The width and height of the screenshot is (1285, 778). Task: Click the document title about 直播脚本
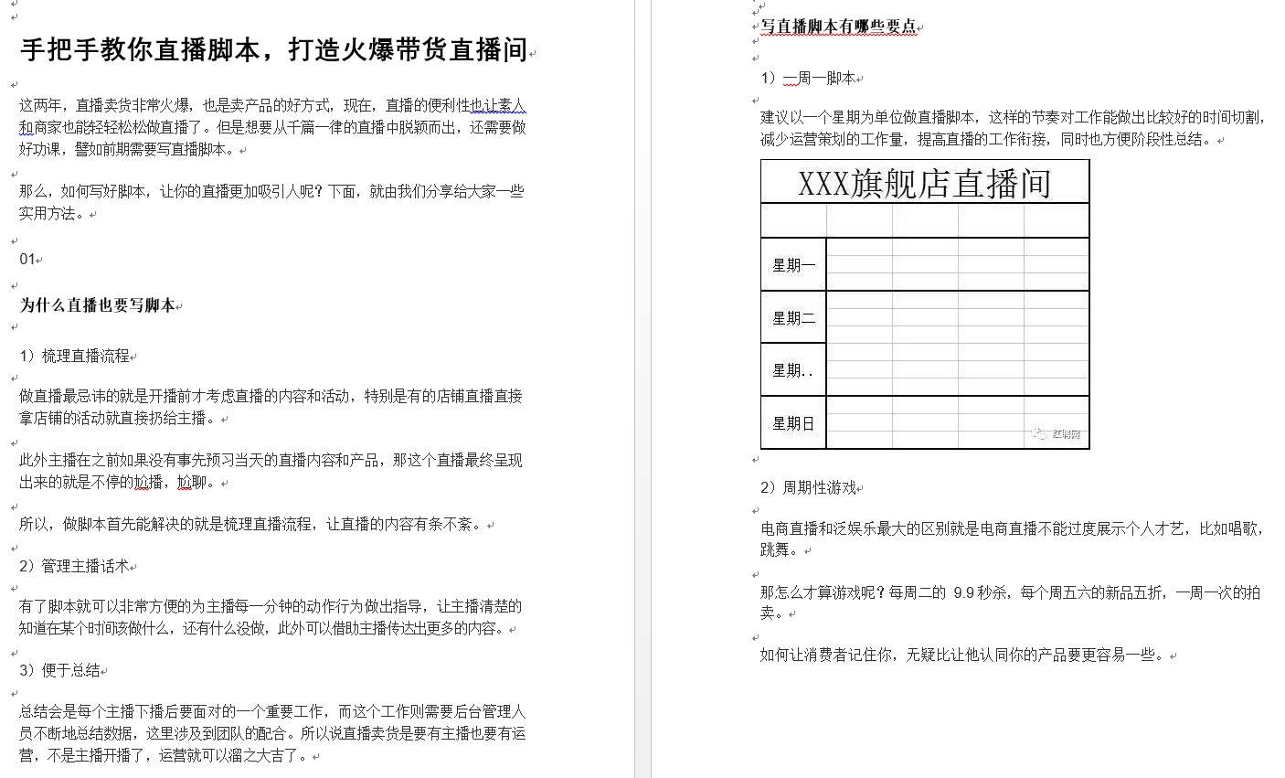pos(273,49)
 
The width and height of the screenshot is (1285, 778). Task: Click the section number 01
pos(27,260)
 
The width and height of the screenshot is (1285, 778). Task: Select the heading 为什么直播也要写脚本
pos(98,305)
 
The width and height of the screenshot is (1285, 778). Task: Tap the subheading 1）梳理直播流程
pos(74,357)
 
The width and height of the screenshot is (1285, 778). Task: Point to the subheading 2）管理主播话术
pos(74,567)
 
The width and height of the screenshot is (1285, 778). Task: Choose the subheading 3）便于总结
pos(59,671)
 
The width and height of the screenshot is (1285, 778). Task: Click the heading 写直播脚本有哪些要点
pos(838,27)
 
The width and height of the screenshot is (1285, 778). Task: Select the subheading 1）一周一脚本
pos(808,79)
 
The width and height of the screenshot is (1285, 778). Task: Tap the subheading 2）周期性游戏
pos(808,488)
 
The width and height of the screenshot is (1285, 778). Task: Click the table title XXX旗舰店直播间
pos(924,183)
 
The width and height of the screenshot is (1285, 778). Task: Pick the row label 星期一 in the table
pos(792,265)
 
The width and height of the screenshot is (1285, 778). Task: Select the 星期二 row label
pos(792,318)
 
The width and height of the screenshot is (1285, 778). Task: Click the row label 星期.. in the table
pos(792,370)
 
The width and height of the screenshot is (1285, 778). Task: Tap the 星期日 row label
pos(792,423)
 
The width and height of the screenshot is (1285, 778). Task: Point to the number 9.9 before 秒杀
pos(963,592)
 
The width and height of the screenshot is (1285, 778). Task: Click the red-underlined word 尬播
pos(148,483)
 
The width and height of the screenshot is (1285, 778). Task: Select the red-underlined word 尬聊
pos(191,483)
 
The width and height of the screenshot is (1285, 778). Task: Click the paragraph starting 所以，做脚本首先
pos(251,525)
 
